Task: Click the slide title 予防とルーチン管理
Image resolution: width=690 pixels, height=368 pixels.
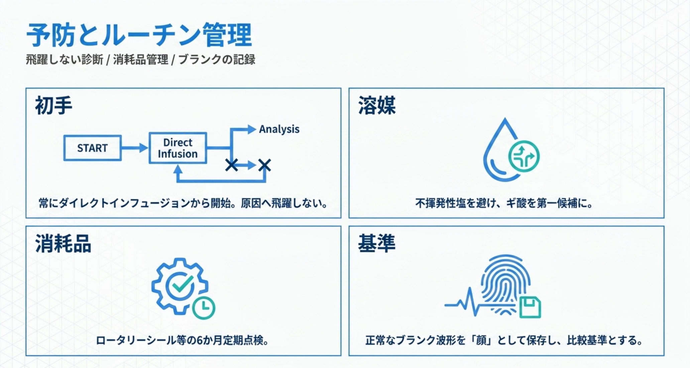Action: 139,35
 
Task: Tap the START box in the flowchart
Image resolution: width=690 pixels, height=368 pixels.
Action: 92,148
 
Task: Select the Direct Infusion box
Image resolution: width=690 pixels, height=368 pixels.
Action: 178,148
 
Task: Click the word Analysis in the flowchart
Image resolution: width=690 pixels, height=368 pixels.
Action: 279,129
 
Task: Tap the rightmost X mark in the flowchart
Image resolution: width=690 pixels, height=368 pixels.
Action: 264,165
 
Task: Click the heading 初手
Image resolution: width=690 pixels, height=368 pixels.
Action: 54,105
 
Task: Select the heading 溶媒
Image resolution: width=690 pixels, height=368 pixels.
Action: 377,105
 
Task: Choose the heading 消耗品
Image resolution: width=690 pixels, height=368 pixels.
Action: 63,243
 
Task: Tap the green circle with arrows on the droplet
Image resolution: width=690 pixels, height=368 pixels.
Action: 524,156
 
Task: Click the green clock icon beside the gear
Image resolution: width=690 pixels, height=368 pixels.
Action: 204,308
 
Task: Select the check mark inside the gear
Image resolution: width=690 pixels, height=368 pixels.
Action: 181,284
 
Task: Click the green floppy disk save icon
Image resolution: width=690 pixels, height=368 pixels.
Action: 530,307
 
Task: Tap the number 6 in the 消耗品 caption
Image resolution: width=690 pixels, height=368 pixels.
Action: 199,341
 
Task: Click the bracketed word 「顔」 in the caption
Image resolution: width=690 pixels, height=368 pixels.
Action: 481,341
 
